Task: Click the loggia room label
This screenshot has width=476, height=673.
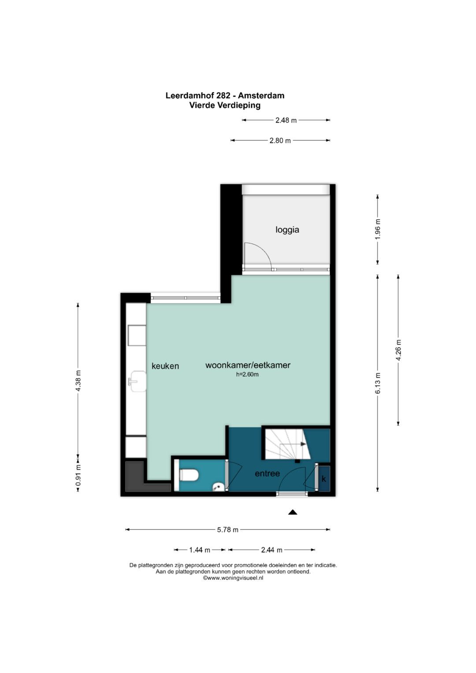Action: (x=287, y=230)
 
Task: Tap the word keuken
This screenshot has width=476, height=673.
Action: (x=165, y=366)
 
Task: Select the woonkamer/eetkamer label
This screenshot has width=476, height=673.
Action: (x=248, y=365)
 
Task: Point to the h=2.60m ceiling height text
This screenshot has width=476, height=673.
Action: (x=247, y=374)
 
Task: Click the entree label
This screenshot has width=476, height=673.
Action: (x=267, y=473)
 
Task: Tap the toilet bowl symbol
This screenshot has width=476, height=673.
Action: (x=189, y=475)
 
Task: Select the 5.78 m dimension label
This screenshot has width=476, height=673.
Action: (x=227, y=529)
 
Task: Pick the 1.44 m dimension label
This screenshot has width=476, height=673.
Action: (x=200, y=550)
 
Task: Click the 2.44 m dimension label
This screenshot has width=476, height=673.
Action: (x=271, y=550)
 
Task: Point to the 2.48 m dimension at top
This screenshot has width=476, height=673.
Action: (x=286, y=120)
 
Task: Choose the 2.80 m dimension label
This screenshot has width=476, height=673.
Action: (x=280, y=140)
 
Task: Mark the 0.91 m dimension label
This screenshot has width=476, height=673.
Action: (x=78, y=475)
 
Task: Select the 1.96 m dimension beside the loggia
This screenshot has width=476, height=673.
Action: (x=378, y=229)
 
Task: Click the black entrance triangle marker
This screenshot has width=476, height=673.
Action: (x=292, y=512)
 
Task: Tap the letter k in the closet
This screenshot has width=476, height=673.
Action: (x=324, y=479)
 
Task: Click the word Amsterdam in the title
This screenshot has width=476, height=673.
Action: (x=261, y=96)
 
